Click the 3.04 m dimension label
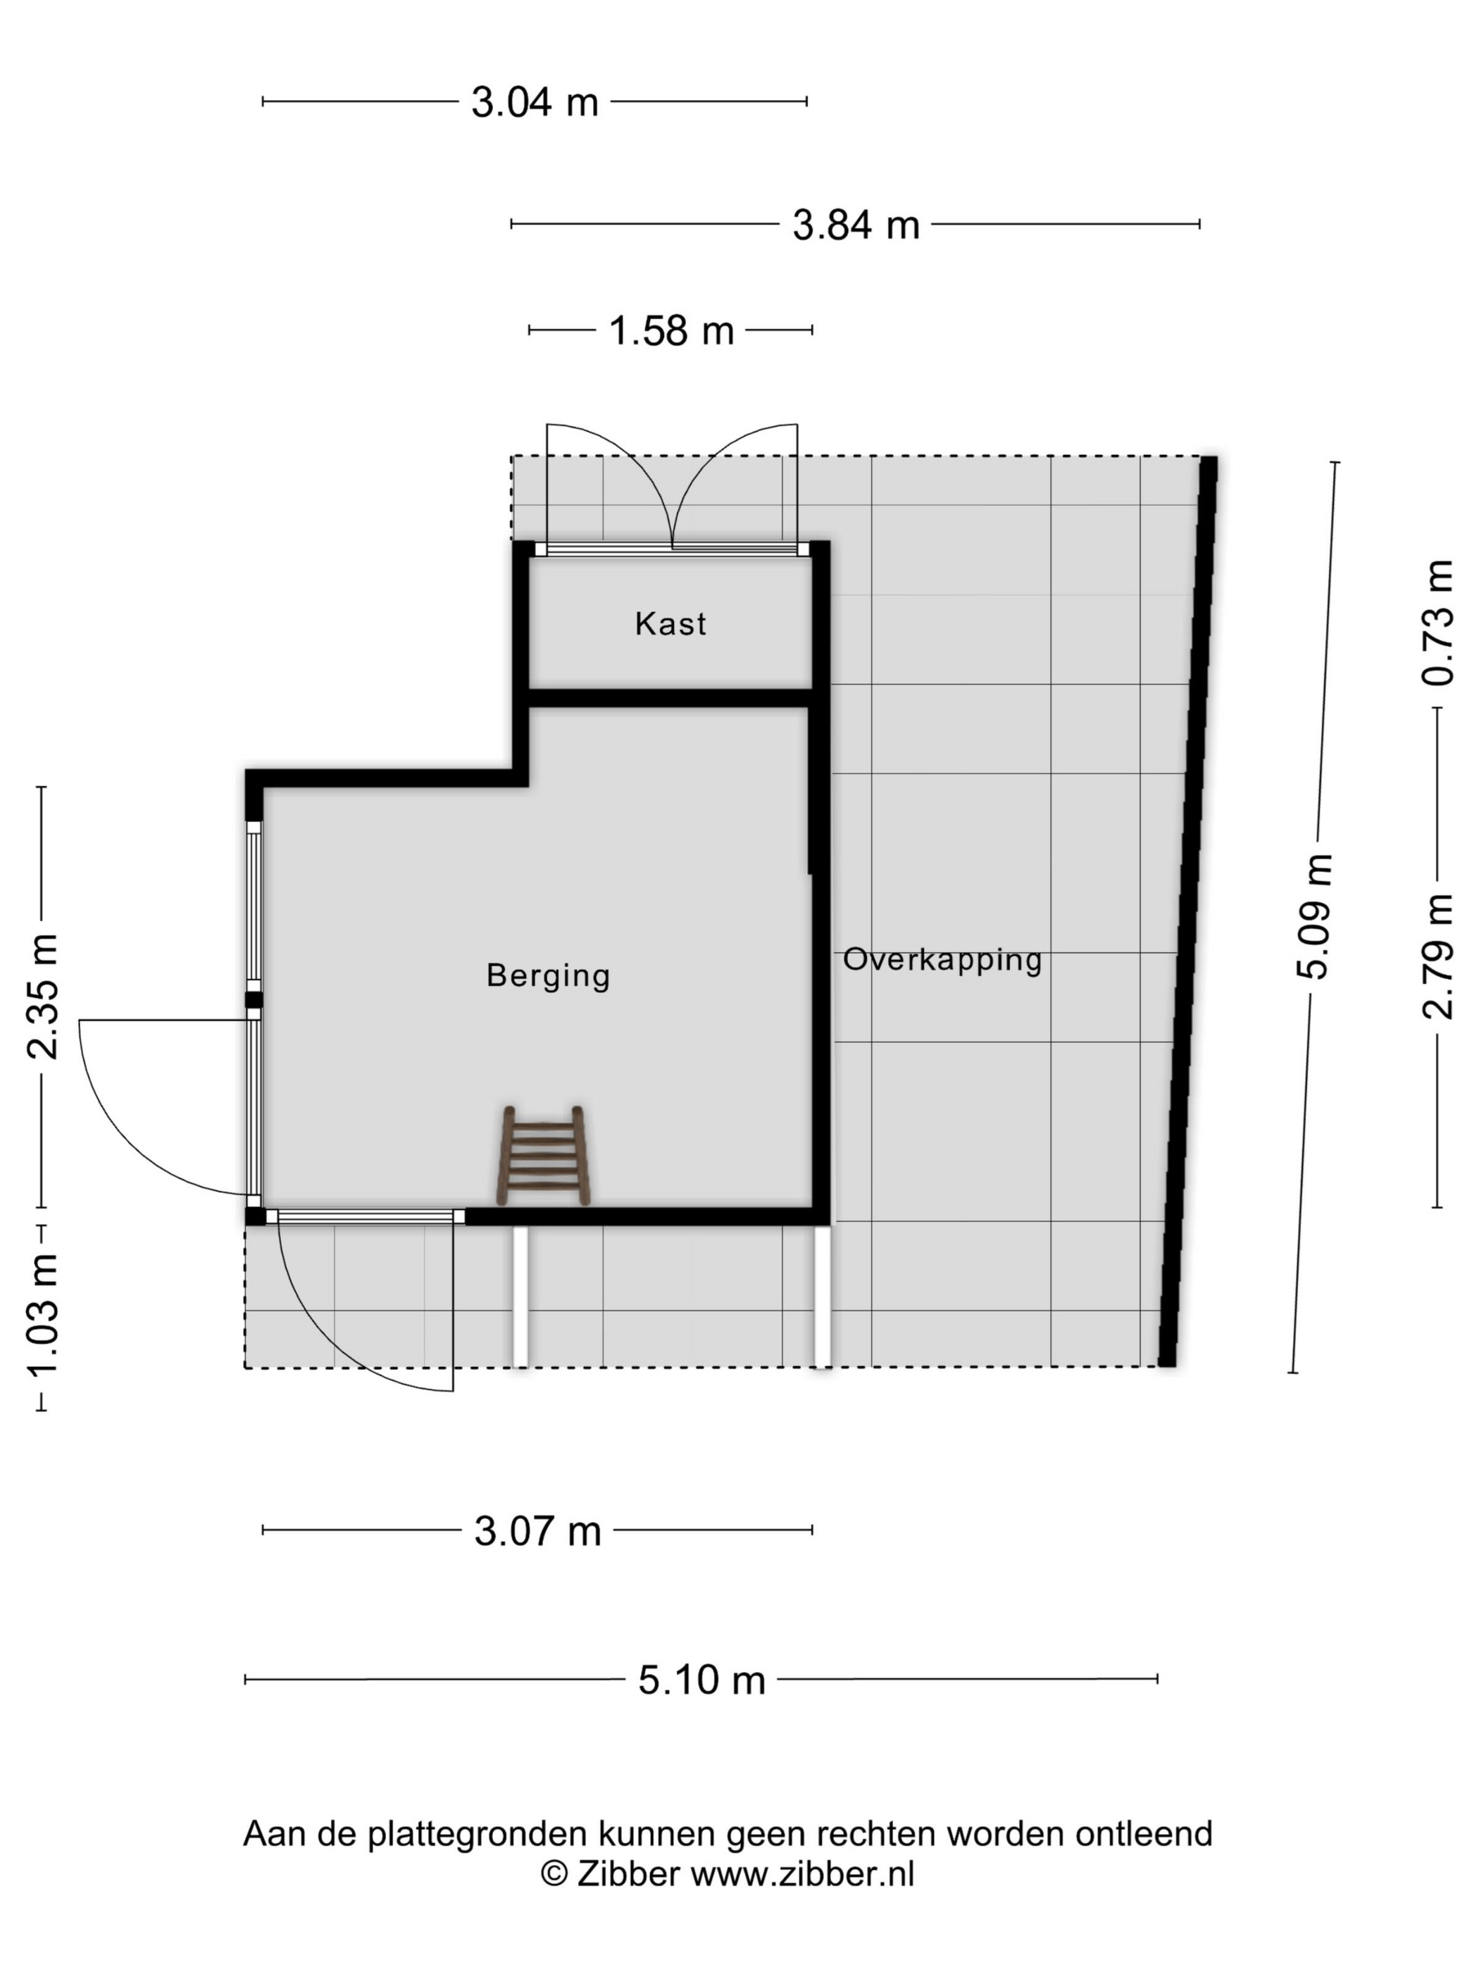point(534,103)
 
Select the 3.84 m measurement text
point(855,225)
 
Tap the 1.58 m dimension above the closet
point(670,331)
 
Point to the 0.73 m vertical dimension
point(1437,623)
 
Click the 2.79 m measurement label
point(1437,956)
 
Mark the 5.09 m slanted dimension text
point(1313,916)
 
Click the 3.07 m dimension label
point(537,1530)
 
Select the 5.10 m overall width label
point(701,1680)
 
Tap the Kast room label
point(670,623)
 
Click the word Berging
point(548,976)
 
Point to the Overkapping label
point(942,960)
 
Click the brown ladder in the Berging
point(543,1156)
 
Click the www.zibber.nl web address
point(802,1874)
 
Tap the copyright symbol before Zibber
point(554,1874)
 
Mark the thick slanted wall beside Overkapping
point(1187,911)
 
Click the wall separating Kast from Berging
point(670,698)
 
